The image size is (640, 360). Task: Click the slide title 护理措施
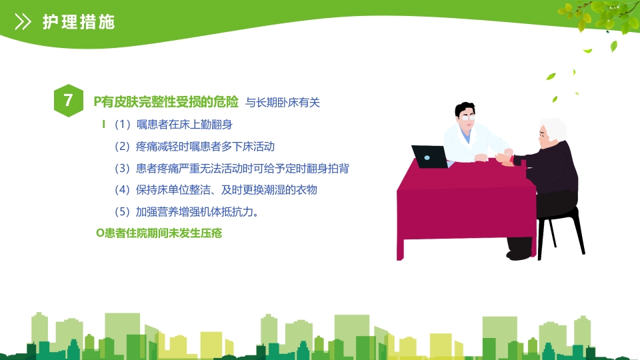[79, 22]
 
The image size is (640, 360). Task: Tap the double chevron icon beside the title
[23, 22]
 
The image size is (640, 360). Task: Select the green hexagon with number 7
[69, 101]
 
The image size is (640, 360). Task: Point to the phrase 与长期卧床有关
[283, 103]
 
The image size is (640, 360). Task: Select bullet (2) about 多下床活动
[194, 146]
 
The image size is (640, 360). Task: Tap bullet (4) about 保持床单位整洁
[215, 189]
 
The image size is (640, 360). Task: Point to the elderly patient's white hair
[553, 126]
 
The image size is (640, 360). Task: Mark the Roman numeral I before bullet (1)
[103, 124]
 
